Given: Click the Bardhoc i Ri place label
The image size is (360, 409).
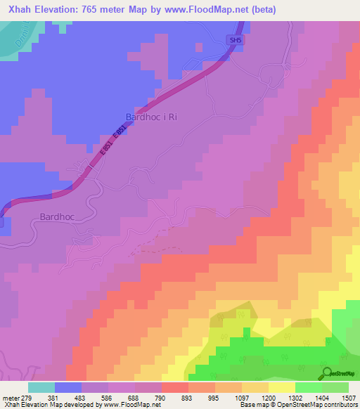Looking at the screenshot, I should point(150,117).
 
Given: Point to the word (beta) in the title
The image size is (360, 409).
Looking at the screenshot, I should point(261,10).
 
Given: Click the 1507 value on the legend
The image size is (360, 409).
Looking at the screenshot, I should point(347,397).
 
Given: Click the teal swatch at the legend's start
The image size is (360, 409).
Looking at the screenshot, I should point(41,387).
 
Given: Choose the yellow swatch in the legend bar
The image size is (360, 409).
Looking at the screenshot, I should point(281,387).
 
